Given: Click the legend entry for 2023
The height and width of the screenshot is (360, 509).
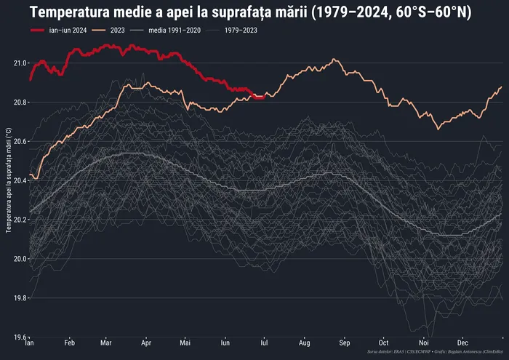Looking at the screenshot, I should [x=120, y=30].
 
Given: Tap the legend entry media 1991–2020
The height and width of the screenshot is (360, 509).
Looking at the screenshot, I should [x=172, y=30].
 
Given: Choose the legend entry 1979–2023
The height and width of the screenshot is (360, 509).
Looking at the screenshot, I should [x=241, y=30].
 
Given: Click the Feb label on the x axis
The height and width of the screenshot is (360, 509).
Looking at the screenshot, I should [x=70, y=342].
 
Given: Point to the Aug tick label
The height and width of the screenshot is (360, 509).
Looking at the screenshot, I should [x=305, y=342].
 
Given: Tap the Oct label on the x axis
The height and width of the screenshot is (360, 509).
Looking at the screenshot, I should [x=383, y=342].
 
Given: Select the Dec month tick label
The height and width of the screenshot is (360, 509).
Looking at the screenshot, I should [x=462, y=342].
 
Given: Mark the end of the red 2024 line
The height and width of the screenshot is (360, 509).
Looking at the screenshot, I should [x=262, y=97].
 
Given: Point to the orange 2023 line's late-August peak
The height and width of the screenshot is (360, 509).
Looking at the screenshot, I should [x=333, y=60].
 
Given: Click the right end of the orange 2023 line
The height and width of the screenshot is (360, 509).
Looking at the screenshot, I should [x=501, y=87].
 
